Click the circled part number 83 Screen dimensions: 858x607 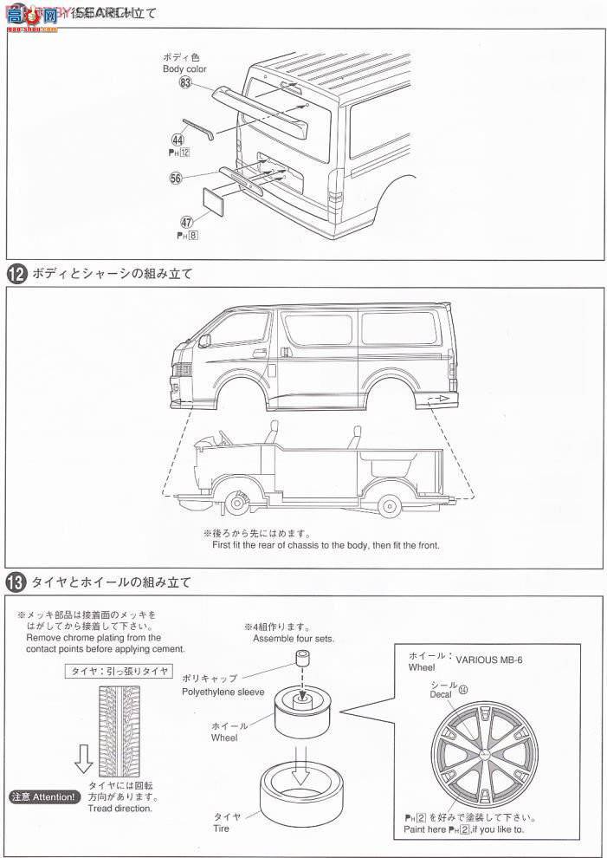point(184,82)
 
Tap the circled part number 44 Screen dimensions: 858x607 point(177,139)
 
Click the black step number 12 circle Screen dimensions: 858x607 point(16,274)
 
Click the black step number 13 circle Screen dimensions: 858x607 point(16,582)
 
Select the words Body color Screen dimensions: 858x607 point(184,69)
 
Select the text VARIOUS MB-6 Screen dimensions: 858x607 point(489,660)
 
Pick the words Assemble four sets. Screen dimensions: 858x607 point(294,639)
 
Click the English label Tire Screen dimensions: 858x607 point(223,829)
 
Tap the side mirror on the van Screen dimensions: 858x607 point(203,341)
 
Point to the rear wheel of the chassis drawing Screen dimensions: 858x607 point(388,502)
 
